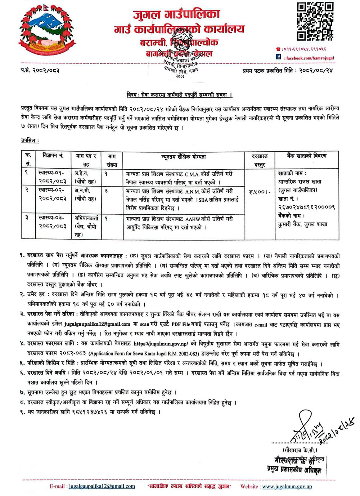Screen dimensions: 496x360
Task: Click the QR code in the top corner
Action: click(x=315, y=21)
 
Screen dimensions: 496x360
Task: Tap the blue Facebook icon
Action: click(x=278, y=57)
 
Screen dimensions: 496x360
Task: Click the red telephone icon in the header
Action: click(x=278, y=49)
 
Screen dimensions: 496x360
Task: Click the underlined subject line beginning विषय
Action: click(x=179, y=95)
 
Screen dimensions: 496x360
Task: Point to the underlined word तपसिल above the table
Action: click(x=30, y=140)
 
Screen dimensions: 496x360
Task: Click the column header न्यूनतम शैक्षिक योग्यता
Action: click(x=184, y=157)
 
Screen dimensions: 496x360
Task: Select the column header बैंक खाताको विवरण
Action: click(x=306, y=156)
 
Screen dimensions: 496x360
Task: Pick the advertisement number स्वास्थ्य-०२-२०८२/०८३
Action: click(x=52, y=195)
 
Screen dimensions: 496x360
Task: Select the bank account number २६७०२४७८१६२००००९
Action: click(x=307, y=207)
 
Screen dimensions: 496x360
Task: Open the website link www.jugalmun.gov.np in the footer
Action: click(x=287, y=486)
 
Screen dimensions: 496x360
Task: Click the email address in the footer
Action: click(x=102, y=486)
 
